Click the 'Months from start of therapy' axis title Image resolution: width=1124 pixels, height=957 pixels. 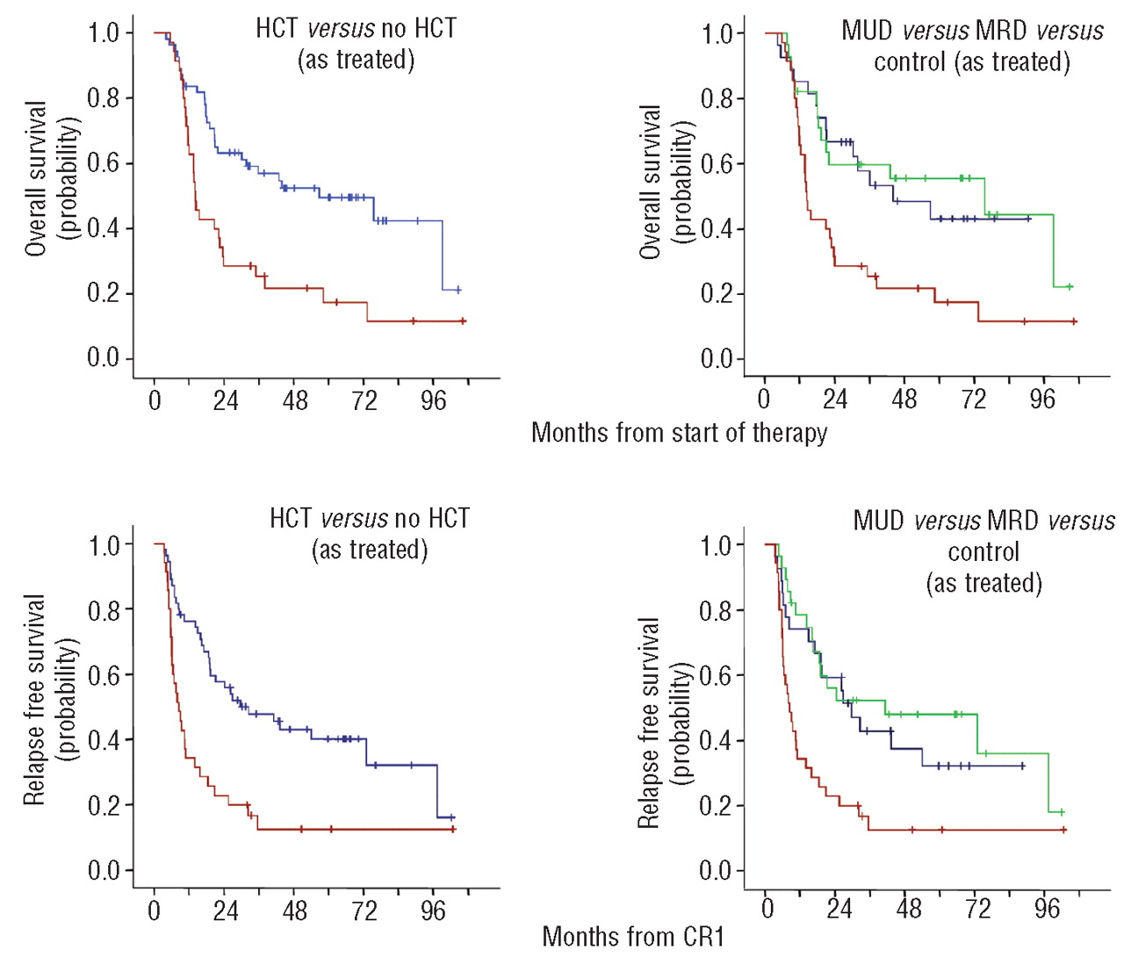[679, 433]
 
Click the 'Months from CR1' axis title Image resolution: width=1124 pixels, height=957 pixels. [633, 937]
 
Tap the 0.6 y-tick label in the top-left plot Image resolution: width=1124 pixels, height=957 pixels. [104, 163]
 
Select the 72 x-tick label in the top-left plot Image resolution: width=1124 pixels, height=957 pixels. [364, 401]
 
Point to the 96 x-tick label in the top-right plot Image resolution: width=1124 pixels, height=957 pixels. [1042, 399]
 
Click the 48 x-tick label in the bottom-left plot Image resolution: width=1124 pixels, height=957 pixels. [295, 911]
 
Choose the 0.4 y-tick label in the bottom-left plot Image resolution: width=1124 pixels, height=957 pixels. [104, 740]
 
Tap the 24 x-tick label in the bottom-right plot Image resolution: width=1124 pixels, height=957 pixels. [839, 909]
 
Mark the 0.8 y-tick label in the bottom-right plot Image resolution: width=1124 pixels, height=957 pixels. [716, 610]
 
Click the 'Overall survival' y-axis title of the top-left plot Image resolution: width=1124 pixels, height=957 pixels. [35, 179]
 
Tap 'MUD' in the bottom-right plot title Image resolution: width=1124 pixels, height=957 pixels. [878, 521]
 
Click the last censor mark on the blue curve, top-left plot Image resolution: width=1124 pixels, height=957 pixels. [458, 290]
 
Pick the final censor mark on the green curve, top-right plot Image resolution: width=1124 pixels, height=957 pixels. [1069, 287]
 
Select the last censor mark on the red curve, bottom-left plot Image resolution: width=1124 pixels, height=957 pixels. [453, 829]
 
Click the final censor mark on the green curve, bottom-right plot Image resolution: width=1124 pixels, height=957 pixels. [1062, 812]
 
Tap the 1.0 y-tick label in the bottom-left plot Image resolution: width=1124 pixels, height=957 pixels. [104, 545]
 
